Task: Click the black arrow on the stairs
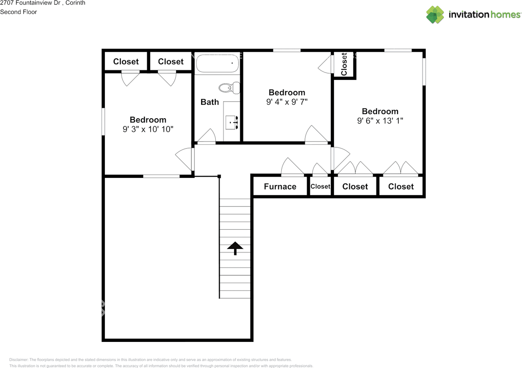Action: coord(235,248)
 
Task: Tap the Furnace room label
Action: coord(280,186)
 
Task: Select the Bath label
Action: coord(210,102)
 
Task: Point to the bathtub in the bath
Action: coord(217,63)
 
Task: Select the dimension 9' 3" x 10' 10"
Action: coord(148,129)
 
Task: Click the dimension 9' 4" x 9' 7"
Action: coord(287,102)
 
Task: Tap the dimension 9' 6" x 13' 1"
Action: coord(380,121)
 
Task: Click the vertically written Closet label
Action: coord(344,64)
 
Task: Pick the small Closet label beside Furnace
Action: coord(320,186)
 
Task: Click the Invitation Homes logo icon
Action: coord(435,15)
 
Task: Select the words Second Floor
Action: coord(18,12)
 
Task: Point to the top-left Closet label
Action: coord(126,62)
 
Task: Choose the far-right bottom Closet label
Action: coord(401,186)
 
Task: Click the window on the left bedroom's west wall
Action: coord(104,121)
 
